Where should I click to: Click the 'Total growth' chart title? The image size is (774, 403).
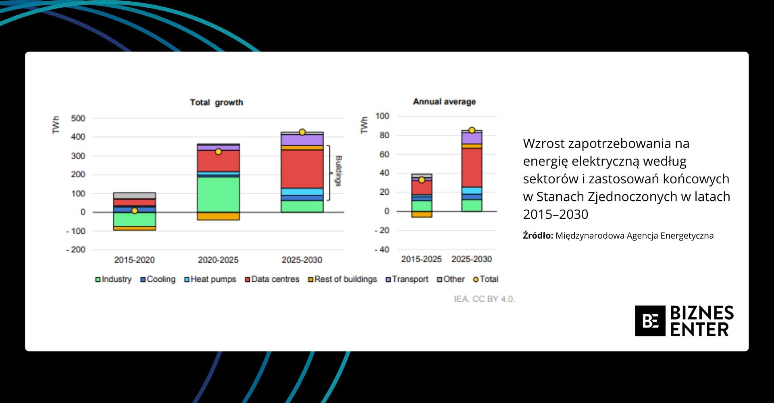click(x=216, y=102)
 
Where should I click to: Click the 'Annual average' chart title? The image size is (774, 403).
click(x=444, y=102)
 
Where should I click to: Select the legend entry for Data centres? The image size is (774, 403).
click(x=272, y=279)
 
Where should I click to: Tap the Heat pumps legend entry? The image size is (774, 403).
click(x=210, y=279)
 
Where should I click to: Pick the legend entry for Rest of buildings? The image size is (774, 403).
click(x=342, y=279)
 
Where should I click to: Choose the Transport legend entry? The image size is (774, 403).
click(x=407, y=279)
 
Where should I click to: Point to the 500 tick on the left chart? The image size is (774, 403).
click(x=78, y=118)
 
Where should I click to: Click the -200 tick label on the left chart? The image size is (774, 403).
click(x=76, y=250)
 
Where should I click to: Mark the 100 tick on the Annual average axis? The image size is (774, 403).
click(x=382, y=116)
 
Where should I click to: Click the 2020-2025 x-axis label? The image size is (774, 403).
click(x=218, y=260)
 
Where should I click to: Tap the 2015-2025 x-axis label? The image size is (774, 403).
click(x=421, y=259)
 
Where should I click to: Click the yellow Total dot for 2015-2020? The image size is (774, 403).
click(x=135, y=211)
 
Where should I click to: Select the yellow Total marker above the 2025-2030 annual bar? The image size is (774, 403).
click(x=472, y=130)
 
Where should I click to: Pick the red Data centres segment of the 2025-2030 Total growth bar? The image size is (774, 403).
click(x=302, y=169)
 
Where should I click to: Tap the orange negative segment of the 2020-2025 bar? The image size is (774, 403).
click(x=218, y=216)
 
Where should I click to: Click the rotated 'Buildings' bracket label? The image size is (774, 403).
click(x=339, y=171)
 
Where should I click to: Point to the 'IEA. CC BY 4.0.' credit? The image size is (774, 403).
click(x=484, y=299)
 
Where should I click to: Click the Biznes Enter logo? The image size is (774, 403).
click(x=684, y=321)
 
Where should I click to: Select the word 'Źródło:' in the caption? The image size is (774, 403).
click(x=538, y=236)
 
